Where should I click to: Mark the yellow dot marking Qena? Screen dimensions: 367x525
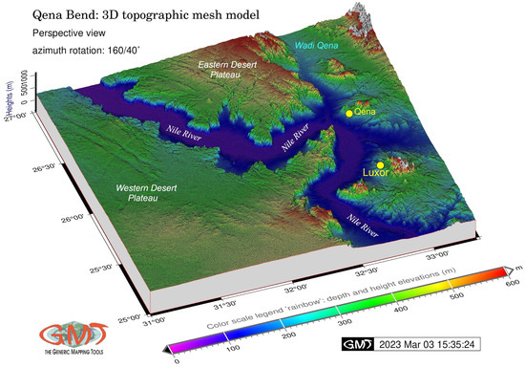coord(349,114)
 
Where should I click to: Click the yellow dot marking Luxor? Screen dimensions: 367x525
coord(381,165)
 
